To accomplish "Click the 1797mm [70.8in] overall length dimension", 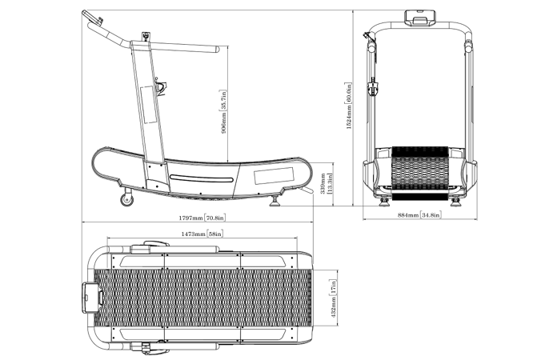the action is point(202,218).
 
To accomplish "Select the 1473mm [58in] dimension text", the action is point(202,234).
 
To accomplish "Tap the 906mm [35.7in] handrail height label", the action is point(223,111).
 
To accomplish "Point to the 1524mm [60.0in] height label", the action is point(349,106).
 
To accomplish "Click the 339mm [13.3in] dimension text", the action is point(327,183).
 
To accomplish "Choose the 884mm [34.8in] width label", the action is point(419,215).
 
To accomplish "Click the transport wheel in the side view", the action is point(127,199).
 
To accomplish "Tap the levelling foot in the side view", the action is point(275,201).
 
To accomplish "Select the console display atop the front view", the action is point(420,18).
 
